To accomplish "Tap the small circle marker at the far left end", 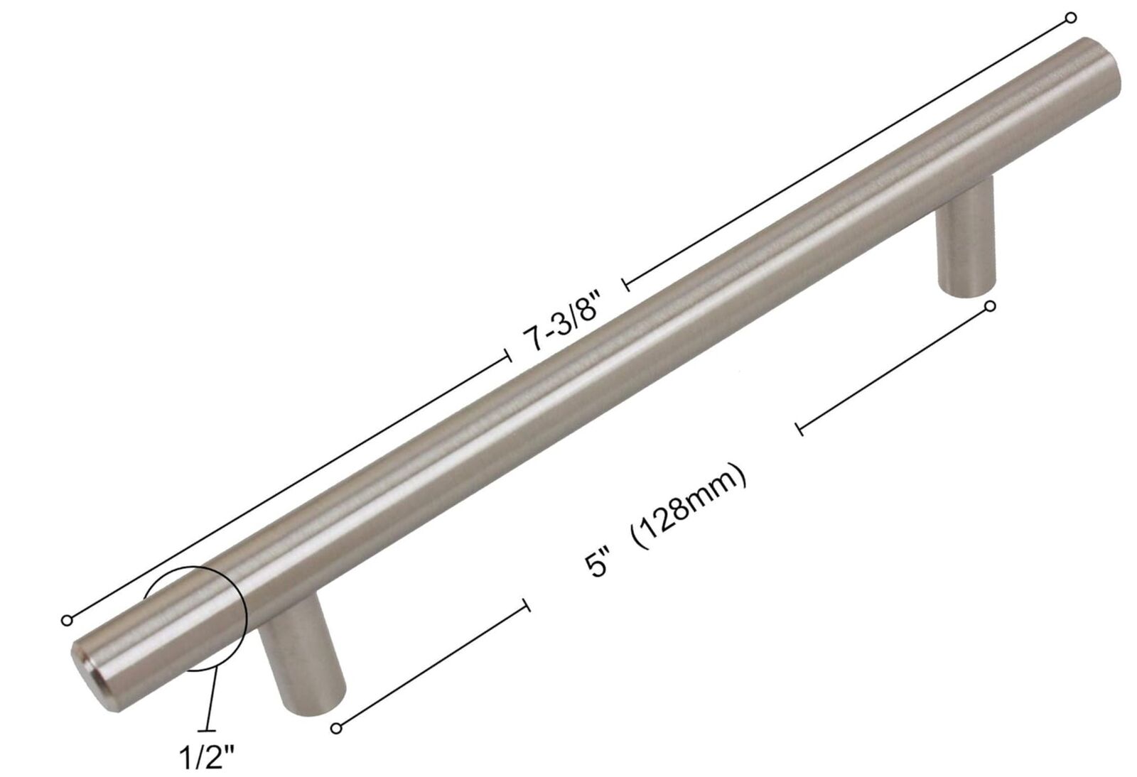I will pos(67,620).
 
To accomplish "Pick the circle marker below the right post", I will pos(991,306).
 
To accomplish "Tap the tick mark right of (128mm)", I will pos(800,428).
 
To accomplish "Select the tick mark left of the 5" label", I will pos(526,605).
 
